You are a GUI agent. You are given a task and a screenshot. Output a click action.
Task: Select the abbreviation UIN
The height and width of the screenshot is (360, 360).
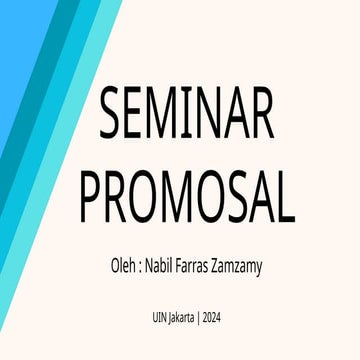coord(149,317)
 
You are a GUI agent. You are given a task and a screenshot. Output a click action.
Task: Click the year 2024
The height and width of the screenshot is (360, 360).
coord(215,317)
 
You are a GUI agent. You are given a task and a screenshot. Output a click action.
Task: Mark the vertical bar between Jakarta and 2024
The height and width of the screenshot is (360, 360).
coord(199,318)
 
